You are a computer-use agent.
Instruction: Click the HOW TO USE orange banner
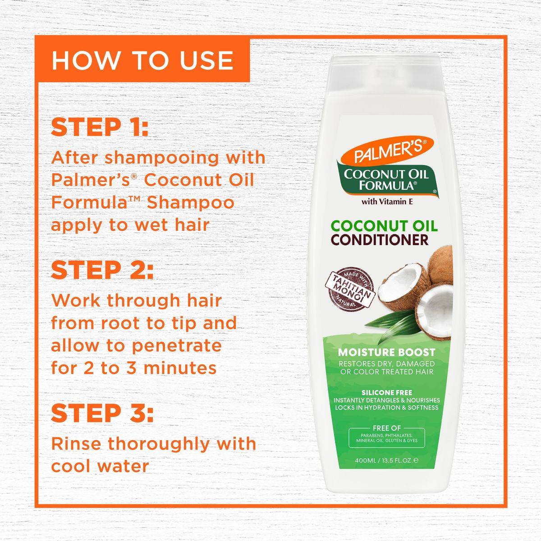142,60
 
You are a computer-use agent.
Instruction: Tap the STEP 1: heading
99,127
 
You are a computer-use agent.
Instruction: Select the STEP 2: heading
102,270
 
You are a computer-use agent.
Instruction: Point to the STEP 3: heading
102,413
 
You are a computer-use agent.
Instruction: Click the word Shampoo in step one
190,203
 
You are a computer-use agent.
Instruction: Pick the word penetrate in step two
177,346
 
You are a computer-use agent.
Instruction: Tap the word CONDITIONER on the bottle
380,240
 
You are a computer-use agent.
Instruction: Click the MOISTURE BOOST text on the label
386,352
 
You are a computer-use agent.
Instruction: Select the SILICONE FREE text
386,393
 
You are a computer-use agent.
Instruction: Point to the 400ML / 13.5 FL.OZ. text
386,460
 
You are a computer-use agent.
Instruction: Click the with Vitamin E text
387,202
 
